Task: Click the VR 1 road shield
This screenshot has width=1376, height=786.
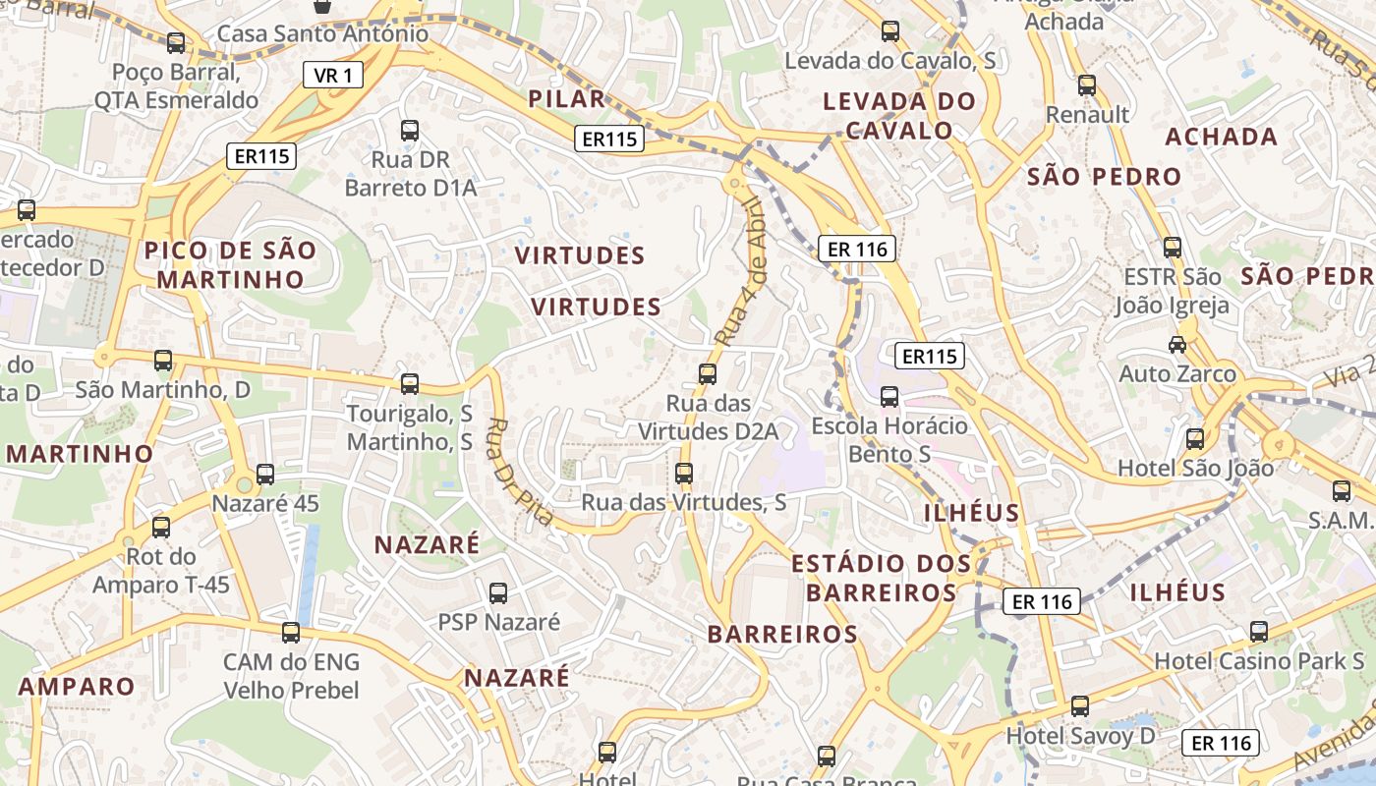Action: tap(332, 75)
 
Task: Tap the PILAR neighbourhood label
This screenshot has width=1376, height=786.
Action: tap(566, 98)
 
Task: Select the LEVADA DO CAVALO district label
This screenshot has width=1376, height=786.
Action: tap(899, 115)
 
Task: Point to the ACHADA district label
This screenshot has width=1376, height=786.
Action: tap(1222, 137)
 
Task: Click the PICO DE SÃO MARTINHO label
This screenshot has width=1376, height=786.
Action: tap(231, 264)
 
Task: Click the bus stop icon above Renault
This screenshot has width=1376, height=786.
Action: tap(1086, 85)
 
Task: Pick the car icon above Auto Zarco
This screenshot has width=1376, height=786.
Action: tap(1176, 344)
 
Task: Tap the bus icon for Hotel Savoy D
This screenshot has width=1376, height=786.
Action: tap(1080, 705)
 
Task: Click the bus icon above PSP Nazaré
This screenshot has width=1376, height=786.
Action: tap(498, 592)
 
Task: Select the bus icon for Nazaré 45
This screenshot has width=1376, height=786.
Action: tap(265, 475)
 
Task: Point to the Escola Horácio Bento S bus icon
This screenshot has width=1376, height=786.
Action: tap(889, 397)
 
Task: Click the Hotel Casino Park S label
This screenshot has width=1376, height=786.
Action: tap(1259, 661)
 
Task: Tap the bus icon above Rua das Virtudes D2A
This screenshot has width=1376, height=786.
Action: tap(707, 373)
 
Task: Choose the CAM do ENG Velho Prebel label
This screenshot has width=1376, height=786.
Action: tap(291, 676)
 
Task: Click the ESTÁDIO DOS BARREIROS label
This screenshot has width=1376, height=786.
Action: tap(882, 578)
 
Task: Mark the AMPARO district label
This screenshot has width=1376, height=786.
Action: tap(77, 686)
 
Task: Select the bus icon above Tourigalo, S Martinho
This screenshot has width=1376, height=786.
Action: tap(410, 383)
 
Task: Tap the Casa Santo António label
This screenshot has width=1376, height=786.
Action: tap(322, 33)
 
